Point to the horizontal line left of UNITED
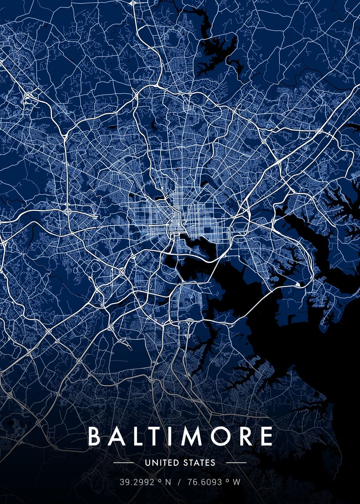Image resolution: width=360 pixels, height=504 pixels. [124, 463]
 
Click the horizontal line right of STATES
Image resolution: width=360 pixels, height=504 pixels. [236, 463]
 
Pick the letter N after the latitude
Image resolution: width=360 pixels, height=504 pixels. [168, 482]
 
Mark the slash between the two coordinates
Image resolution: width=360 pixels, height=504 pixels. [179, 482]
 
